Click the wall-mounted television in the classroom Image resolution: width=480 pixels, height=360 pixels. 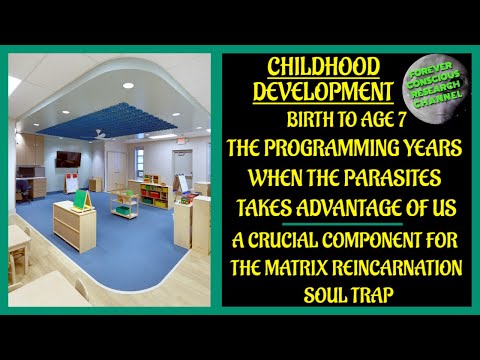(x=67, y=159)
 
